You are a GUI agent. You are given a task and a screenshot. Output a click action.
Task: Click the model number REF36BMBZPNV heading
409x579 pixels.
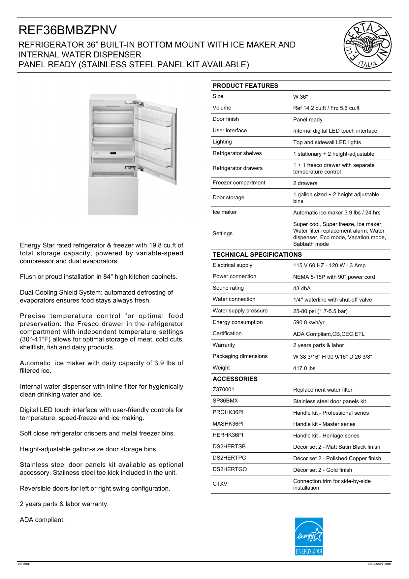point(68,30)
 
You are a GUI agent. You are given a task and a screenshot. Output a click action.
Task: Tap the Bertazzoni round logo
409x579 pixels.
point(367,45)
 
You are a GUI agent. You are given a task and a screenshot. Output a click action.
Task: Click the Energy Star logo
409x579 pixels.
point(309,536)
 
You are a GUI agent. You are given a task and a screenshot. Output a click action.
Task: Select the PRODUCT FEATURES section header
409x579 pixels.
point(245,86)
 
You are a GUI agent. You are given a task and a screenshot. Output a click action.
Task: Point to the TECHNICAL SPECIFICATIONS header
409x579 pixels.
point(257,255)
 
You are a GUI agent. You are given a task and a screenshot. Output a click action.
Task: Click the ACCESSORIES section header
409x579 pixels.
point(235,379)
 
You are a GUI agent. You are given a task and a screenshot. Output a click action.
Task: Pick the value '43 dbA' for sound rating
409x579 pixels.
point(302,289)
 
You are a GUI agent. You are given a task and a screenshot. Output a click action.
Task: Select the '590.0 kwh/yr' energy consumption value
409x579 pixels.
point(309,323)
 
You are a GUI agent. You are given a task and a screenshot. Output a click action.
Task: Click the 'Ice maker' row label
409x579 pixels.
point(225,212)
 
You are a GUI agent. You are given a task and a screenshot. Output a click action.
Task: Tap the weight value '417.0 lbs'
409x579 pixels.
point(304,369)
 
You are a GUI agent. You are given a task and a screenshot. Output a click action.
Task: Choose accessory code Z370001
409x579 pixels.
point(223,390)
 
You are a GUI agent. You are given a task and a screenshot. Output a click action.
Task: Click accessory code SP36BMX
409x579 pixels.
point(225,401)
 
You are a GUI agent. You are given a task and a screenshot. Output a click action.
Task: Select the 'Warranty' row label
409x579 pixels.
point(224,345)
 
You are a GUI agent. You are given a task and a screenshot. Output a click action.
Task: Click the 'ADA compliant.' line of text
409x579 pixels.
point(42,520)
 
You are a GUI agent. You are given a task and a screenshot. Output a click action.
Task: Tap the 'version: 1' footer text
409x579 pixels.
point(25,564)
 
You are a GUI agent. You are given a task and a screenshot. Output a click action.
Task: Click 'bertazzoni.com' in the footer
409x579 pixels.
point(379,564)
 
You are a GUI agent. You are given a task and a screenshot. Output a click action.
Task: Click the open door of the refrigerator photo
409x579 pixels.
point(157,142)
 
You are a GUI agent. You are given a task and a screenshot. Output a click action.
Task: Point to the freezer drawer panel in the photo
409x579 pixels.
point(113,196)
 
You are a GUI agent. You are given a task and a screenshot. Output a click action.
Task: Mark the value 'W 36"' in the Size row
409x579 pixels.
point(300,97)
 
